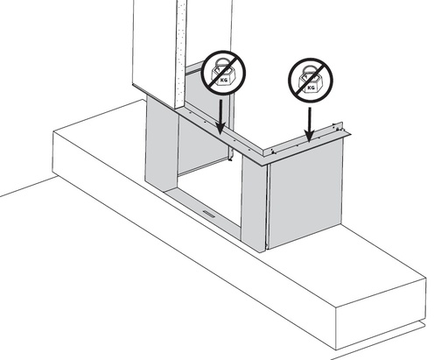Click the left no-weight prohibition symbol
point(224,73)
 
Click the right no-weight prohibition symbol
point(311,80)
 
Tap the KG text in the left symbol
point(224,80)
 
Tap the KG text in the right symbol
point(311,88)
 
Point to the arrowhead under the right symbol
point(310,136)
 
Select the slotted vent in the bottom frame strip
point(209,214)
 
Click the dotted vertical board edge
point(181,54)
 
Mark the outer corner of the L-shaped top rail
point(267,165)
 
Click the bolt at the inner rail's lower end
point(230,159)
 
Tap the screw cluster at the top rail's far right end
point(339,128)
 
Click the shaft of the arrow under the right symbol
point(310,119)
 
